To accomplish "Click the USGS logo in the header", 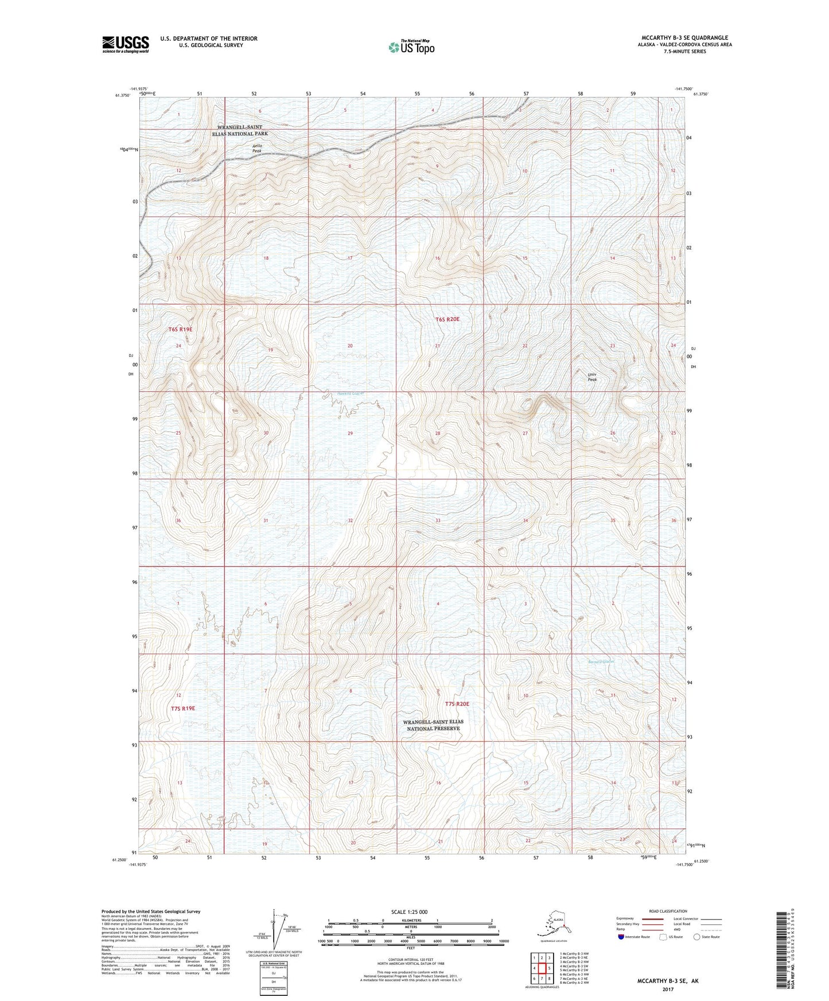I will pyautogui.click(x=126, y=44).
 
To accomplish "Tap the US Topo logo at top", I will pyautogui.click(x=411, y=47).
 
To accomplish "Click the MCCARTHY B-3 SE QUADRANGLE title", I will pyautogui.click(x=679, y=38).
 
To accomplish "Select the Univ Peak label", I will pyautogui.click(x=592, y=377).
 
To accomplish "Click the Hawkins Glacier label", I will pyautogui.click(x=350, y=393).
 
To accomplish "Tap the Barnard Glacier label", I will pyautogui.click(x=601, y=661).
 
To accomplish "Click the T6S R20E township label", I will pyautogui.click(x=447, y=319).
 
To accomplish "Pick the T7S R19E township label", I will pyautogui.click(x=183, y=708).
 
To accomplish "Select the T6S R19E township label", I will pyautogui.click(x=180, y=329).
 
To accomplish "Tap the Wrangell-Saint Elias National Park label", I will pyautogui.click(x=242, y=130).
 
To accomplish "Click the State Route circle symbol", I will pyautogui.click(x=697, y=937).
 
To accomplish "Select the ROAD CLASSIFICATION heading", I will pyautogui.click(x=667, y=911).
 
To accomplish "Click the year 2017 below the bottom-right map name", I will pyautogui.click(x=668, y=989).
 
